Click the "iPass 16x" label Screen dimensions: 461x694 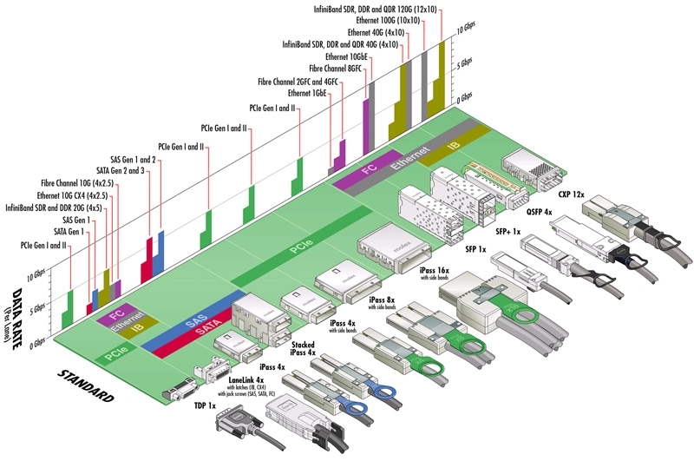click(433, 271)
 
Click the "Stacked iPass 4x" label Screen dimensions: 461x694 click(302, 351)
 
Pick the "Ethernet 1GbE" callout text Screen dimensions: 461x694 click(311, 93)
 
